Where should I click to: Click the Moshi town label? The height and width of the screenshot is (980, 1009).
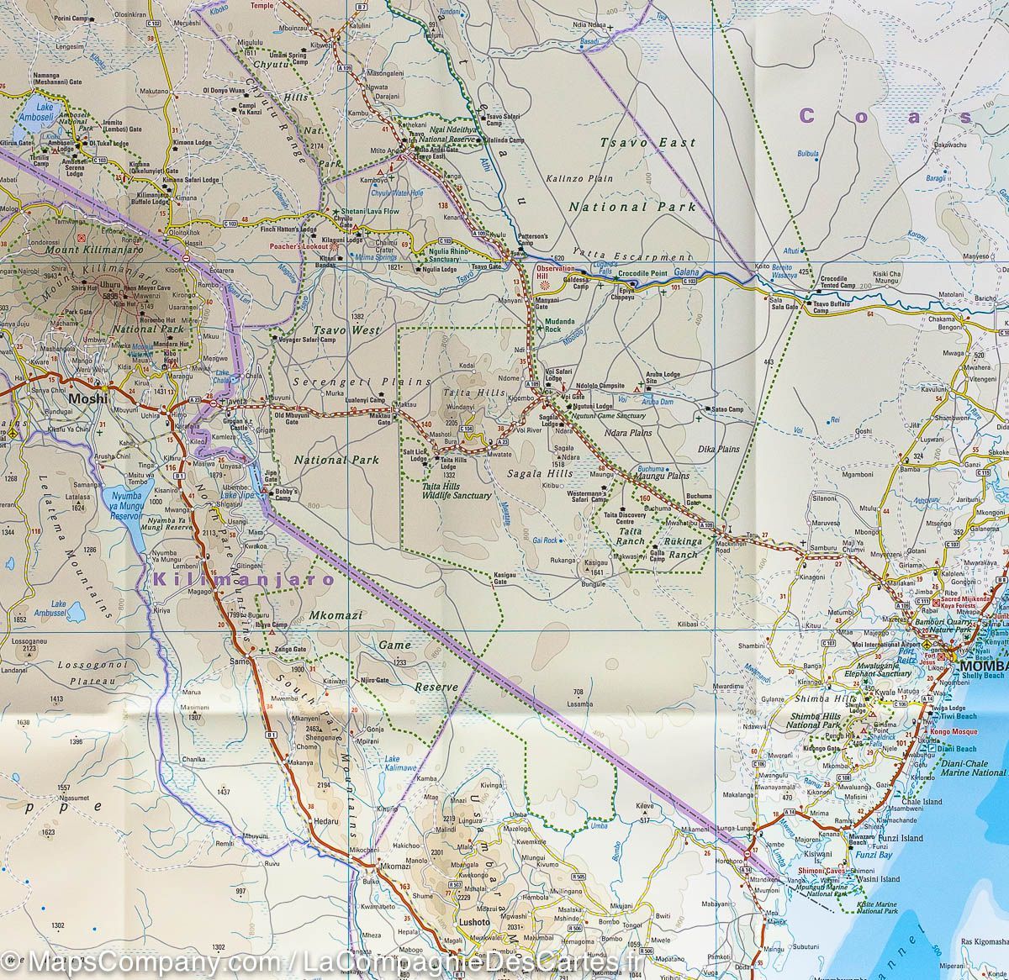[89, 399]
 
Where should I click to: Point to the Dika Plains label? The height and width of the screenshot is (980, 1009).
[719, 449]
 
